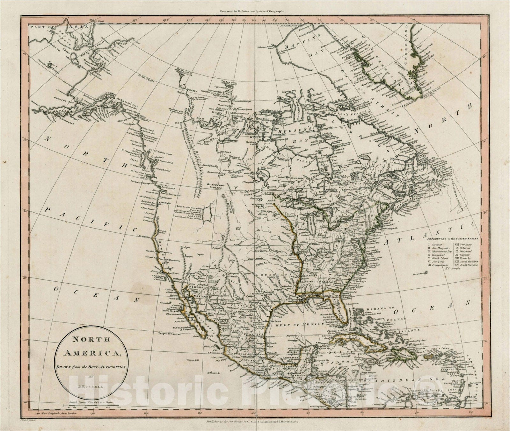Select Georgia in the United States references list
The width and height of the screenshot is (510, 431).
(453, 268)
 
